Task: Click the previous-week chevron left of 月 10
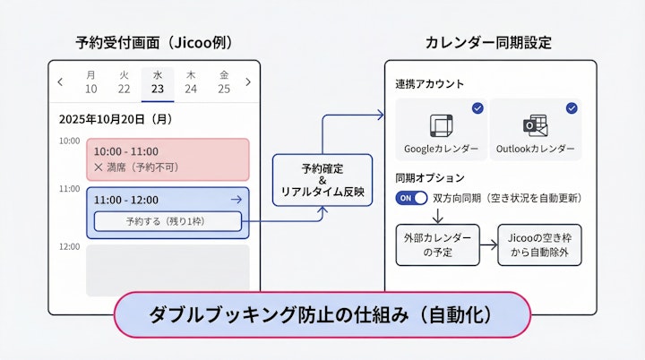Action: click(x=60, y=82)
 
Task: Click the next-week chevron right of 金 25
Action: click(x=248, y=82)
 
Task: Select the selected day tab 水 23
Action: click(x=157, y=82)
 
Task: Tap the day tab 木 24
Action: click(x=191, y=82)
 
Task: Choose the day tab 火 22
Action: click(x=124, y=82)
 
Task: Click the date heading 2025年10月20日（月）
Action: click(x=116, y=118)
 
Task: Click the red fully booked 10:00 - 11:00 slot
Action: click(x=168, y=159)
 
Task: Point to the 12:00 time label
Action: click(x=69, y=246)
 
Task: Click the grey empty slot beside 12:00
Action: click(x=168, y=270)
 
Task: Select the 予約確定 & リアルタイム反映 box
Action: click(x=321, y=180)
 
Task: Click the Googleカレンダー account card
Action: click(x=441, y=129)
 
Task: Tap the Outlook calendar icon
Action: click(x=536, y=124)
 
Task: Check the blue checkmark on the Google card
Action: click(x=477, y=108)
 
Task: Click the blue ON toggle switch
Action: click(x=409, y=198)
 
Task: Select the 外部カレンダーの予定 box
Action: click(x=433, y=244)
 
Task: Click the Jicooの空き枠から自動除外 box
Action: click(x=540, y=244)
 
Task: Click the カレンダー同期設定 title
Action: click(x=487, y=42)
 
